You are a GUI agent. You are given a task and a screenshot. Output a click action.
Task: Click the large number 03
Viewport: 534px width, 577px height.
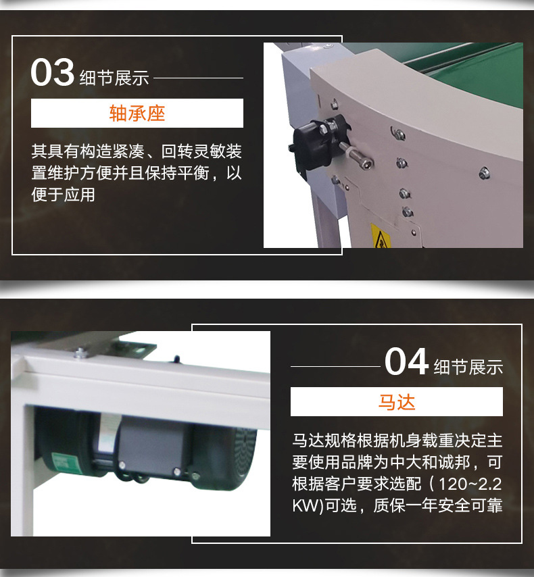[x=52, y=72]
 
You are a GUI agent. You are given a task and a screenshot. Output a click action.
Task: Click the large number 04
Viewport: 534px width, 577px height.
[x=406, y=361]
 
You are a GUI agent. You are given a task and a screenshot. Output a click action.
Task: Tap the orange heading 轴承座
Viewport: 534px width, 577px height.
[x=137, y=114]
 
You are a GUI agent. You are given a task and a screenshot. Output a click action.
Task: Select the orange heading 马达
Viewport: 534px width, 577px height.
[x=397, y=402]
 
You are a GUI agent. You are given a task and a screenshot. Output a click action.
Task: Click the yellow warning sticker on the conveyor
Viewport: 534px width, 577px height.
[x=381, y=236]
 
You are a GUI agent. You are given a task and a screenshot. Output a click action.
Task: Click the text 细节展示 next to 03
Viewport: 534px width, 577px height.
[x=114, y=78]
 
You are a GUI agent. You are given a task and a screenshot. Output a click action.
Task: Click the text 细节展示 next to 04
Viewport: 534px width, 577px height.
[x=468, y=368]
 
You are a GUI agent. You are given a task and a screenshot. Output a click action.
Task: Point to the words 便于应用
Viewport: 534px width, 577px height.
[x=63, y=195]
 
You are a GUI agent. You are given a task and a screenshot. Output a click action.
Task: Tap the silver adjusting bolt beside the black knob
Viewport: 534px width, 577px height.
[x=355, y=155]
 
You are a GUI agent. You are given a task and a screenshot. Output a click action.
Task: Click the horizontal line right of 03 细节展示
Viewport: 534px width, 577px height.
[x=198, y=78]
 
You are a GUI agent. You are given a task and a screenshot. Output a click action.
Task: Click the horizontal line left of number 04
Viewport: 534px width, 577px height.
[x=335, y=366]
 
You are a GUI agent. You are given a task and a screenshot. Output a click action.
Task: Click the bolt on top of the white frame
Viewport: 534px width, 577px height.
[x=80, y=353]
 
